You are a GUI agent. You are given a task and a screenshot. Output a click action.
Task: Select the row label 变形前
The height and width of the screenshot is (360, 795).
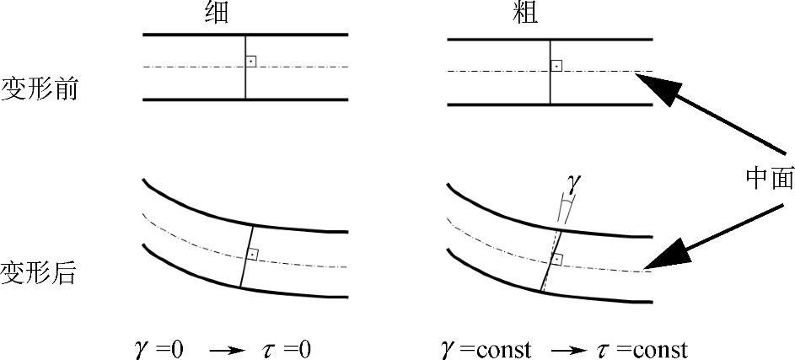point(39,89)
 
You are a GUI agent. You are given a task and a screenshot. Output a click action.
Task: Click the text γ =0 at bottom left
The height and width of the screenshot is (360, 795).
point(158,349)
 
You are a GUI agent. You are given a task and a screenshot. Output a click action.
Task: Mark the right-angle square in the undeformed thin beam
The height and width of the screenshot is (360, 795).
point(250,62)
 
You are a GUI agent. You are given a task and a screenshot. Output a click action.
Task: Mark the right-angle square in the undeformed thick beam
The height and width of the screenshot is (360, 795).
point(556,65)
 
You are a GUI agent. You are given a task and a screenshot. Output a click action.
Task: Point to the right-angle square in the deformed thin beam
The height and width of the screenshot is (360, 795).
point(252,254)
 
